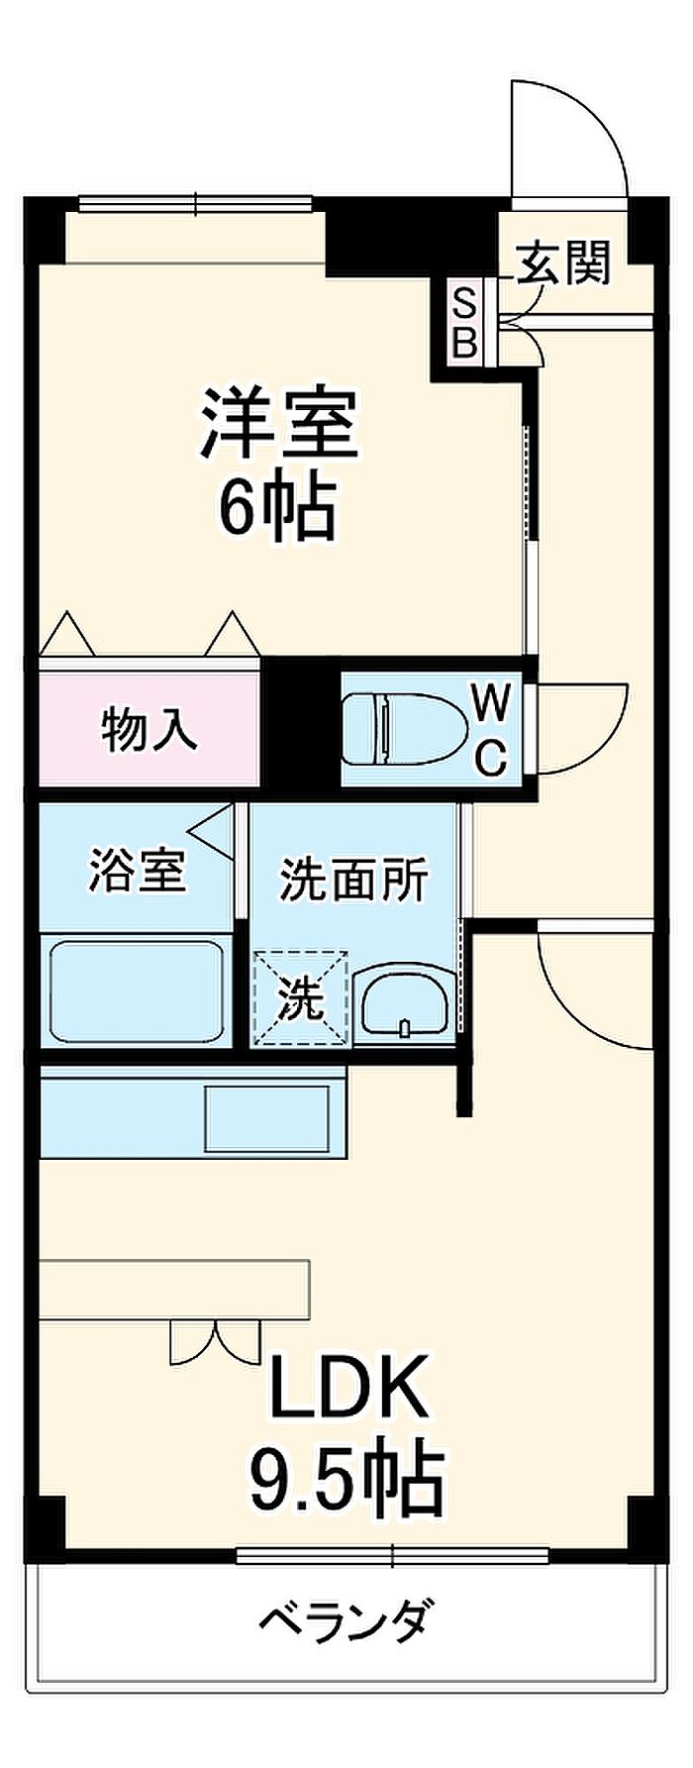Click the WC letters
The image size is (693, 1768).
click(492, 731)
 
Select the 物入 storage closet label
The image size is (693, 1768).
click(149, 731)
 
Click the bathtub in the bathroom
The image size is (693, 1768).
click(136, 990)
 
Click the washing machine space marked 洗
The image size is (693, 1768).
click(301, 997)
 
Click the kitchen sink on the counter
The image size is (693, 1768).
click(267, 1118)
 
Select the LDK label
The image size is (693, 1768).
click(348, 1386)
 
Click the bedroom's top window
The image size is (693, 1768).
click(195, 205)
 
